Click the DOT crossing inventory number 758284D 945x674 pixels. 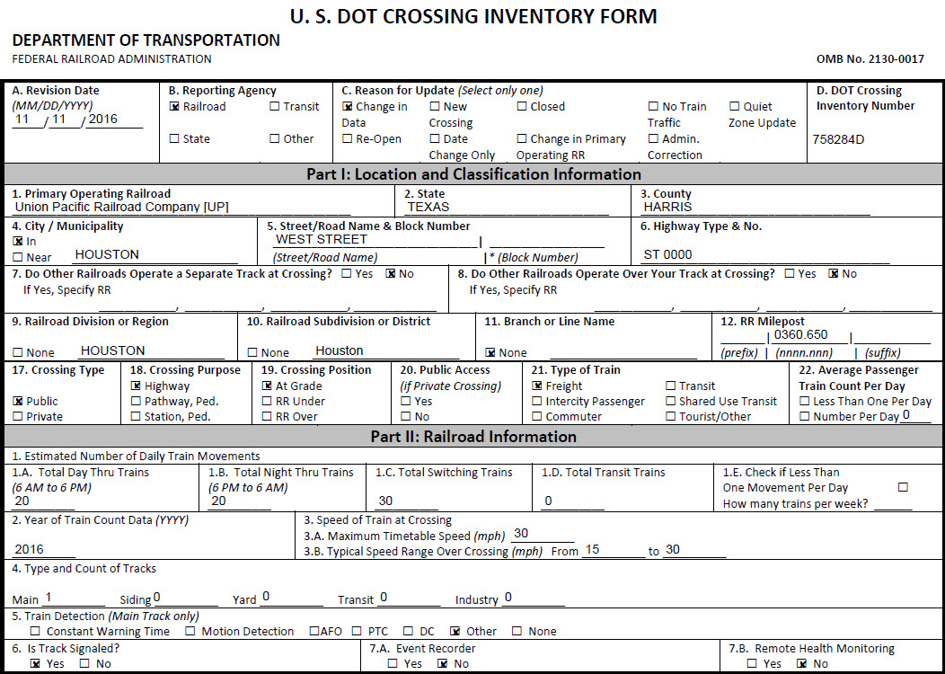[840, 139]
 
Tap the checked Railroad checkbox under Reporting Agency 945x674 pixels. [174, 107]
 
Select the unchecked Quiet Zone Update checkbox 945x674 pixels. [734, 107]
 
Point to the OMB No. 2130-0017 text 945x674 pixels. [870, 59]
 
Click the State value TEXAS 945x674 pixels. [428, 207]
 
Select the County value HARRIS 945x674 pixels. [668, 207]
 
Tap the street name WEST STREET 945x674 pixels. [322, 239]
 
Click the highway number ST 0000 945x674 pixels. [668, 254]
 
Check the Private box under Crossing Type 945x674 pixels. [17, 417]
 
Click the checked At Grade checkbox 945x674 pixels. [267, 386]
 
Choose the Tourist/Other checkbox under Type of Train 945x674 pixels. [671, 417]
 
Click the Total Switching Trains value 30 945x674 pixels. [385, 501]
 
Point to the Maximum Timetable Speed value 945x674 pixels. [521, 533]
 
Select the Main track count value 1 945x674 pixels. [49, 597]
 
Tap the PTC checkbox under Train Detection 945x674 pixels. [357, 632]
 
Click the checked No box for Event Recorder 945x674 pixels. [442, 664]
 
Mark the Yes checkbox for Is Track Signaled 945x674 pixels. [35, 664]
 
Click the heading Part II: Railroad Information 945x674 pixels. [473, 437]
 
